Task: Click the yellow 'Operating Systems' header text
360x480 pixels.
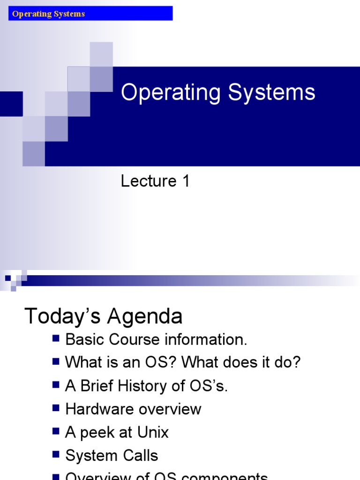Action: (48, 14)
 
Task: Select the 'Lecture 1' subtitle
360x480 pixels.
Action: (155, 181)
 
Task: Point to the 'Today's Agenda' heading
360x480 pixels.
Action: (103, 316)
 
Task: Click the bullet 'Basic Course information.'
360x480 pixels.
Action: (156, 340)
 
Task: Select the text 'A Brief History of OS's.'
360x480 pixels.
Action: (146, 386)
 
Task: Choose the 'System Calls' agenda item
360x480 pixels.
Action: (112, 455)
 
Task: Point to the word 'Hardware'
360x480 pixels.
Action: (97, 409)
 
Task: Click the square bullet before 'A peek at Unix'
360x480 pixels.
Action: (56, 430)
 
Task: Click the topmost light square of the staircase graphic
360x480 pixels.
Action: (101, 54)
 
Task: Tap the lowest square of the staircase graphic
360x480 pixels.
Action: (34, 154)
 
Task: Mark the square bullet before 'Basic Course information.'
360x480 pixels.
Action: (56, 337)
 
